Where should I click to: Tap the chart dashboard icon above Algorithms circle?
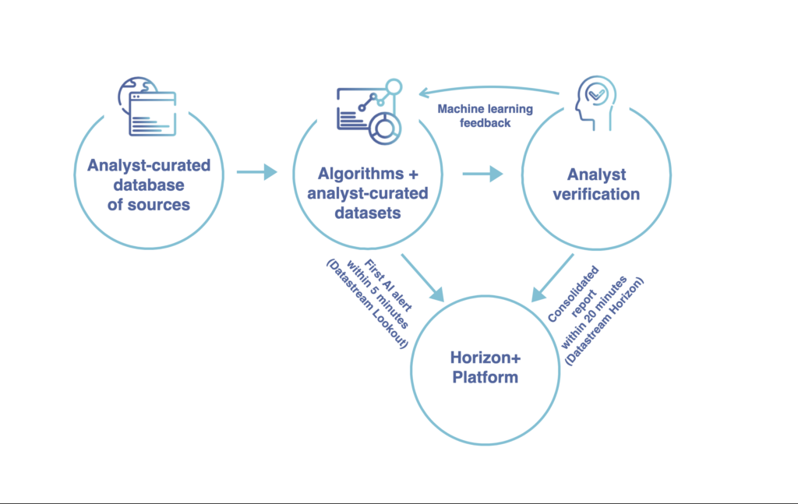[369, 112]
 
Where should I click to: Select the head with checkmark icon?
[595, 104]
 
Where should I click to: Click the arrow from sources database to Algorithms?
[257, 172]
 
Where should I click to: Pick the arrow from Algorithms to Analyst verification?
[482, 174]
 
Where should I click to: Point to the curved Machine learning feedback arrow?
[489, 89]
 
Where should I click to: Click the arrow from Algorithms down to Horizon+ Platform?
[422, 277]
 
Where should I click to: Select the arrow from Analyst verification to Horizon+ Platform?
[553, 277]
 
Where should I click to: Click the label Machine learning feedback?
[485, 116]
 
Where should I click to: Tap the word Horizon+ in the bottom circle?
[486, 358]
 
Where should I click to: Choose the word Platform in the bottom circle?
[485, 377]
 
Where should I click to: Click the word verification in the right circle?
[596, 194]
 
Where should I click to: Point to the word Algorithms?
[361, 174]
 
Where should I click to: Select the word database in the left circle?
[149, 185]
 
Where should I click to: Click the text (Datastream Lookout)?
[367, 304]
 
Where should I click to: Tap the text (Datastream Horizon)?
[604, 321]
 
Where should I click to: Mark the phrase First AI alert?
[388, 285]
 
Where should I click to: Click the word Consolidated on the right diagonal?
[573, 294]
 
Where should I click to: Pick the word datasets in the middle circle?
[368, 213]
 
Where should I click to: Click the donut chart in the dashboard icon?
[385, 129]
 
